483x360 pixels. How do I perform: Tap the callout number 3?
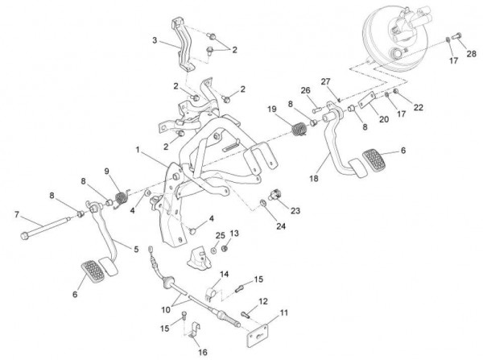(153, 40)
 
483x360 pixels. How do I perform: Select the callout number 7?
(15, 213)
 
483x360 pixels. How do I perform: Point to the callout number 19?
(273, 110)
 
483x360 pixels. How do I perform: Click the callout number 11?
(283, 312)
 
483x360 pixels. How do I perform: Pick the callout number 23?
(295, 211)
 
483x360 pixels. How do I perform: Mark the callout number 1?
(138, 150)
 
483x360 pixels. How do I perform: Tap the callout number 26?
(307, 89)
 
